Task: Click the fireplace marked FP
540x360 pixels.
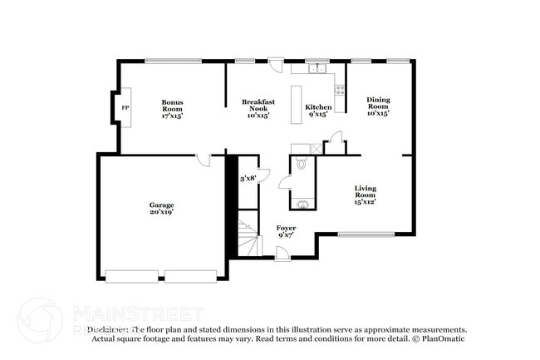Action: coord(125,108)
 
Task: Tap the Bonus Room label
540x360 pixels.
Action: coord(172,108)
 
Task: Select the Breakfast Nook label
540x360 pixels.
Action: coord(258,108)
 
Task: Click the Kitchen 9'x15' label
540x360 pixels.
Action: coord(318,111)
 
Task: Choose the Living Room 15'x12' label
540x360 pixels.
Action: coord(366,195)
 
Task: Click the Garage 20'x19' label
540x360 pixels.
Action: coord(161,208)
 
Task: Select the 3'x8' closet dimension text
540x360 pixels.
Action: coord(248,179)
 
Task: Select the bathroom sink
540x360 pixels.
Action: coord(304,203)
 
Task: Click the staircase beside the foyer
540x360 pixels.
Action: coord(248,239)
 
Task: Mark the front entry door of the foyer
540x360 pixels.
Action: coord(283,254)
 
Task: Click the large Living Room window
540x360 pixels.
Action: coord(366,234)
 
